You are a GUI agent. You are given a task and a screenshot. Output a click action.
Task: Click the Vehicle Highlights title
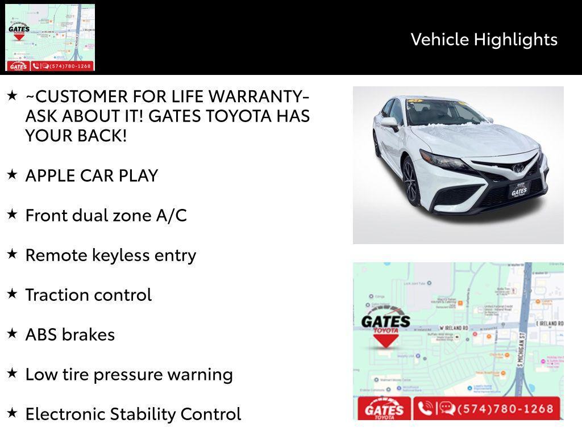click(484, 39)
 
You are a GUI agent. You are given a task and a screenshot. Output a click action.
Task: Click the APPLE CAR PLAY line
click(92, 175)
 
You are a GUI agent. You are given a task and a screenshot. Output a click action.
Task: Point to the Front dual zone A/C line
click(106, 215)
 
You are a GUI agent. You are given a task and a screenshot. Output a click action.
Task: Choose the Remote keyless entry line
click(110, 255)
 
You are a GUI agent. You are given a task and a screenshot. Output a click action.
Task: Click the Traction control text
click(88, 295)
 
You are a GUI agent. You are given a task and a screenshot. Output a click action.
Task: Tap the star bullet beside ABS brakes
click(13, 333)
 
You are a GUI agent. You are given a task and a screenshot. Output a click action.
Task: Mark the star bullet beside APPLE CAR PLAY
click(13, 174)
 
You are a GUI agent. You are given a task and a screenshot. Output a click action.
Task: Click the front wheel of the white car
click(410, 182)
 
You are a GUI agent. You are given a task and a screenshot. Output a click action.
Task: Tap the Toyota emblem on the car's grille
click(518, 167)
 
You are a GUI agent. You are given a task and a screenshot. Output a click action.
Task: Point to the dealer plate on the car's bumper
click(518, 190)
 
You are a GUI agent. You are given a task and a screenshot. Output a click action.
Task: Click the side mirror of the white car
click(390, 121)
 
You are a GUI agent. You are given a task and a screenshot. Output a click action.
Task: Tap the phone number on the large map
click(501, 409)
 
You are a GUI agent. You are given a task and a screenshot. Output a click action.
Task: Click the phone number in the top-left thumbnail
click(69, 66)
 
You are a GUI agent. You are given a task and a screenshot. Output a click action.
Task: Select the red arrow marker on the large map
click(385, 341)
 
